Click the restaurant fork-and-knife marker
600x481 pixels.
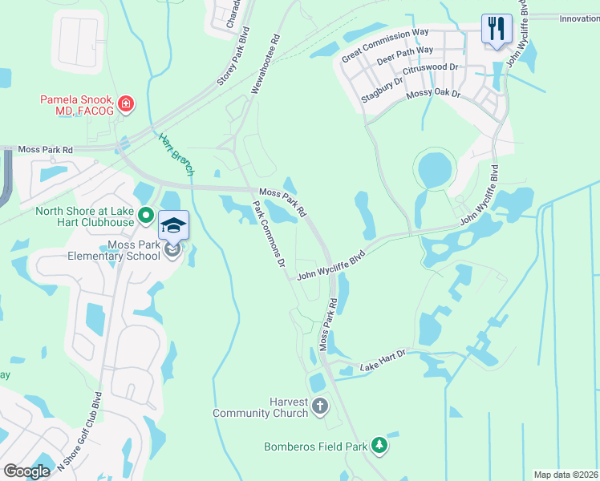pos(497,30)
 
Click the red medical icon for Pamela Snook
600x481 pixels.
pos(125,104)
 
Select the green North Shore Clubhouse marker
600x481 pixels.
pos(146,215)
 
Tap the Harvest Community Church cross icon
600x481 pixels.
pos(320,405)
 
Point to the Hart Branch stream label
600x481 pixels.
pos(176,154)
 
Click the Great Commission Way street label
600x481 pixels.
pos(385,45)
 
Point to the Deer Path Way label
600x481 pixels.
pos(405,55)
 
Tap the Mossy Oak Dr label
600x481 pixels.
pos(434,95)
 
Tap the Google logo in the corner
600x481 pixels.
pos(26,471)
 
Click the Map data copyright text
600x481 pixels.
pos(566,475)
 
